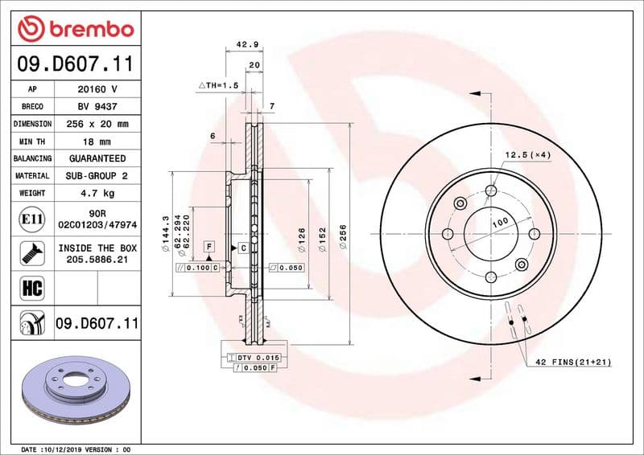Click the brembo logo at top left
pos(74,28)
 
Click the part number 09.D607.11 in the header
pos(74,64)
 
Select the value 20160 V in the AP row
pos(97,89)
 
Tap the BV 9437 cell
pos(97,106)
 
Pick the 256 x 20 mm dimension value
pos(97,124)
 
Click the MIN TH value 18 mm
pos(97,141)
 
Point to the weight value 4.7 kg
pos(97,193)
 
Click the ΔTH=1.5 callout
pos(219,84)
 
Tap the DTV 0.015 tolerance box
pos(257,356)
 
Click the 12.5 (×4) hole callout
pos(527,154)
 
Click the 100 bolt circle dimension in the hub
pos(499,221)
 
